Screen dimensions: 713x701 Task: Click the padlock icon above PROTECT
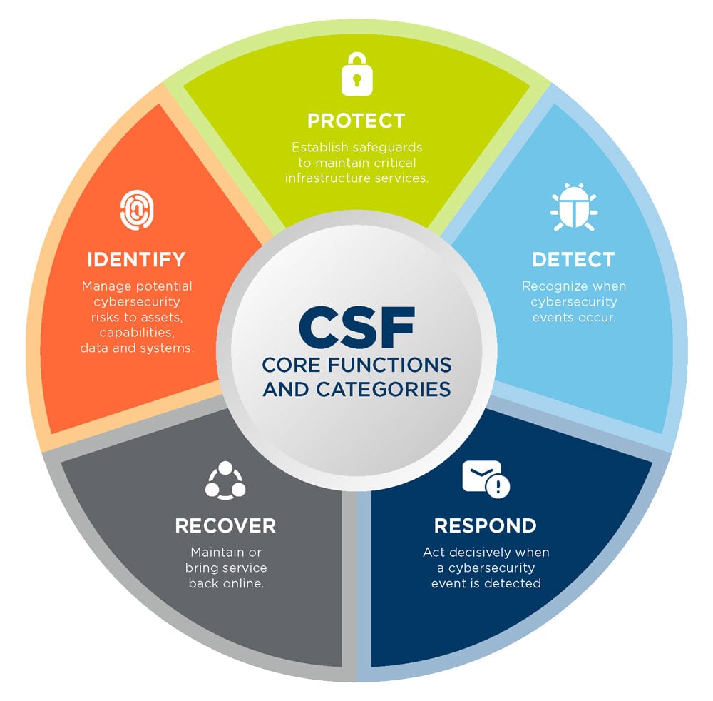[357, 74]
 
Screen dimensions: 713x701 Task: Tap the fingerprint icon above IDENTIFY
[137, 210]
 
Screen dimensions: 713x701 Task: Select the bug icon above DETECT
[574, 207]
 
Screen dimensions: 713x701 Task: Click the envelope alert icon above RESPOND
[486, 479]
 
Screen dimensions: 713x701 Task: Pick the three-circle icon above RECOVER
[225, 480]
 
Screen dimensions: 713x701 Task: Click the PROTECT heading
[356, 121]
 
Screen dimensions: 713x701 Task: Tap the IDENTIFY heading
[136, 259]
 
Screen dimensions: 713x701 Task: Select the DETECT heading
[573, 259]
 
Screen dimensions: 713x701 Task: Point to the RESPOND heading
[485, 525]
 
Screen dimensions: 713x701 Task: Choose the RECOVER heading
[225, 525]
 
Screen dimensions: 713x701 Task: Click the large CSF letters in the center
[357, 327]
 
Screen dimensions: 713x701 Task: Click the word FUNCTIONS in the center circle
[389, 365]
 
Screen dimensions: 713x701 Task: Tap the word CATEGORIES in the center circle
[384, 390]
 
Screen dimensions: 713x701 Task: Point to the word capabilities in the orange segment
[137, 333]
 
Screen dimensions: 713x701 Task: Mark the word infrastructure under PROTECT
[327, 178]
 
